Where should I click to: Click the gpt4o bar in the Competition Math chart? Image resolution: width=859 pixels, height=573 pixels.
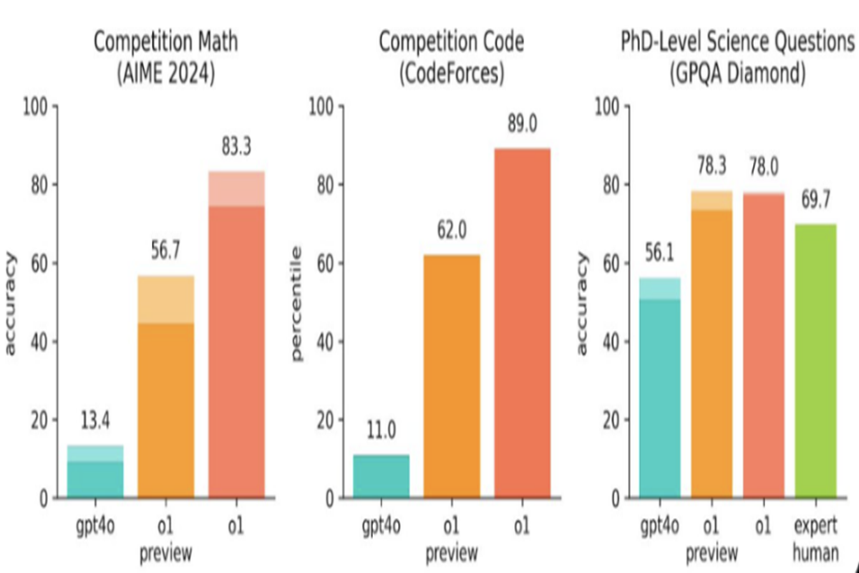coord(95,473)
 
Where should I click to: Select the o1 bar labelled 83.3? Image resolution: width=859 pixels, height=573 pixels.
coord(236,337)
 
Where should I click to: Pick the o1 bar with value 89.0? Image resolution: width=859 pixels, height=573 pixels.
coord(522,322)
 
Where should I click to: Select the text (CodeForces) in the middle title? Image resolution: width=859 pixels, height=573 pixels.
coord(451,74)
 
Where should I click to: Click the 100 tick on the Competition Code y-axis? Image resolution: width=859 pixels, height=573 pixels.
coord(321,107)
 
